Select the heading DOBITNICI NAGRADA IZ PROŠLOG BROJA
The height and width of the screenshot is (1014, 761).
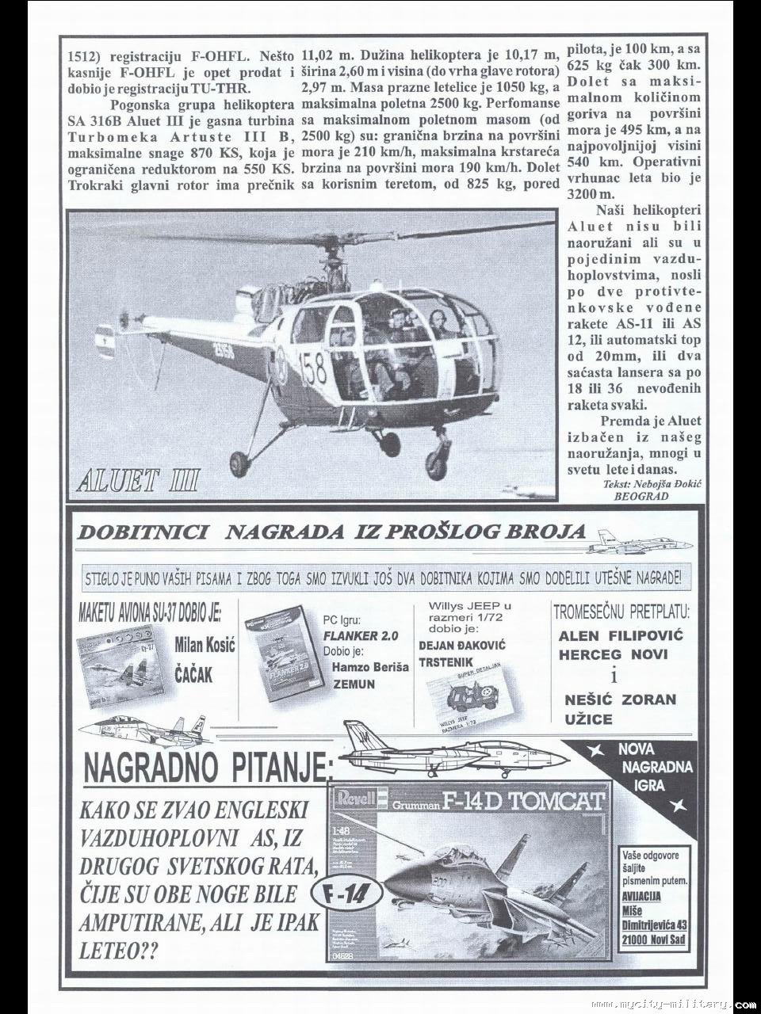click(331, 532)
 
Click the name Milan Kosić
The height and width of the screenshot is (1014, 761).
click(205, 646)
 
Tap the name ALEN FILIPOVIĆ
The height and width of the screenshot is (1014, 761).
click(621, 635)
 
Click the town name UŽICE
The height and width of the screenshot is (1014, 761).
click(588, 720)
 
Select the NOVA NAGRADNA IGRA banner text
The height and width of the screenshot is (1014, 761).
click(655, 766)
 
